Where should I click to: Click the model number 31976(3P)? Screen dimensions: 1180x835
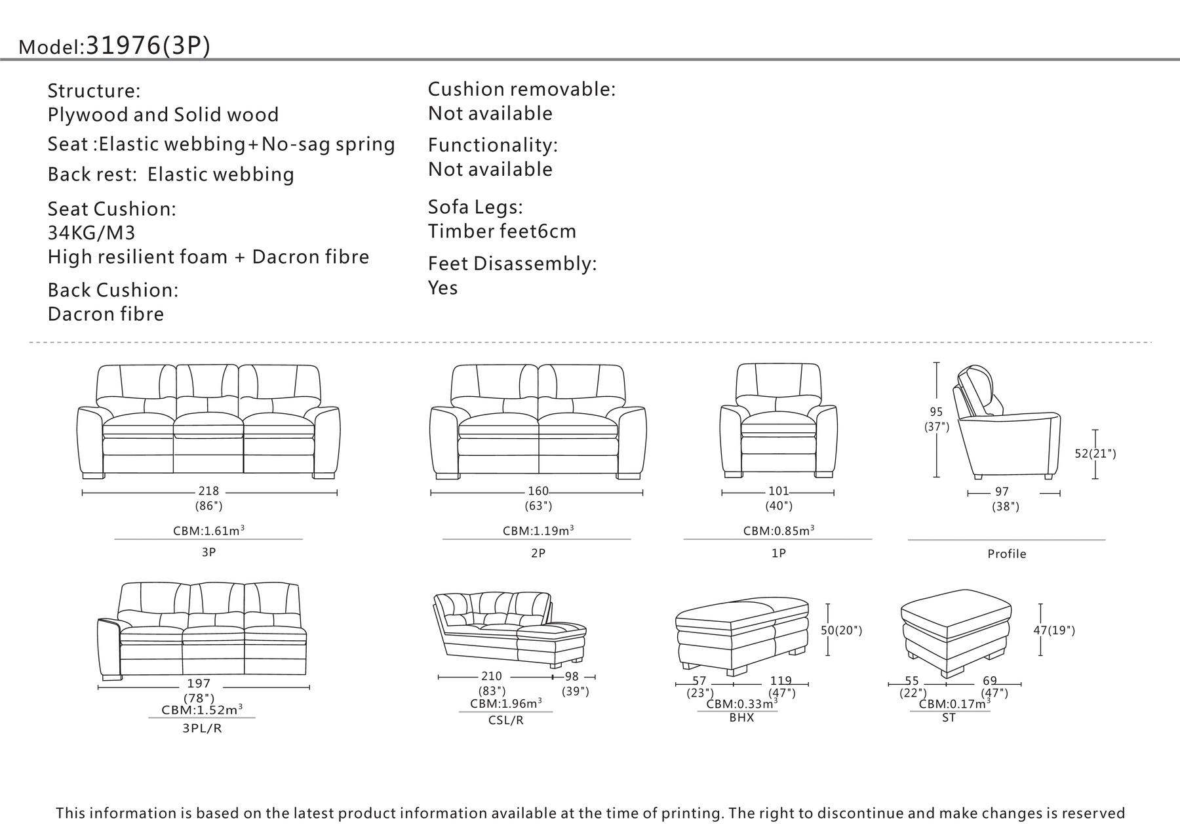coord(148,45)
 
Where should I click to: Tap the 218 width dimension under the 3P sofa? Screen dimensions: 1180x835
coord(208,491)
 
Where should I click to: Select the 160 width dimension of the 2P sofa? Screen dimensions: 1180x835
coord(538,491)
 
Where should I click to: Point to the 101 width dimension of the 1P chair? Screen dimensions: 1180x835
coord(779,491)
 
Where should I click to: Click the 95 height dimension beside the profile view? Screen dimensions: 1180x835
coord(936,412)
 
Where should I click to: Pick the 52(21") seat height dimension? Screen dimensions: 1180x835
coord(1095,453)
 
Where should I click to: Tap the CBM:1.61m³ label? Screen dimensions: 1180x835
coord(208,530)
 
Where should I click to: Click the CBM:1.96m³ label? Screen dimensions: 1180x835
coord(505,704)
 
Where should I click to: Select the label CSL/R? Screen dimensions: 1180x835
coord(506,720)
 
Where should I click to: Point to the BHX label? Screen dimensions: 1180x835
coord(741,718)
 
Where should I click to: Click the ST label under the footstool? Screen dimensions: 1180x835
coord(949,718)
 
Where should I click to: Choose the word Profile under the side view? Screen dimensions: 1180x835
coord(1007,554)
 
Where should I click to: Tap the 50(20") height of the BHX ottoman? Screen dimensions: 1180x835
coord(842,630)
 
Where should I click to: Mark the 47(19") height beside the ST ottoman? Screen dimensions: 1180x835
coord(1054,630)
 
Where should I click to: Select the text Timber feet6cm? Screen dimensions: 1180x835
coord(502,231)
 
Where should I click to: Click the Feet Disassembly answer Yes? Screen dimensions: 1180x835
coord(443,287)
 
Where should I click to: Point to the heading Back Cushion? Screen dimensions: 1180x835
coord(113,290)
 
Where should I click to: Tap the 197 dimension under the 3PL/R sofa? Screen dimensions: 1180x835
coord(199,683)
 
